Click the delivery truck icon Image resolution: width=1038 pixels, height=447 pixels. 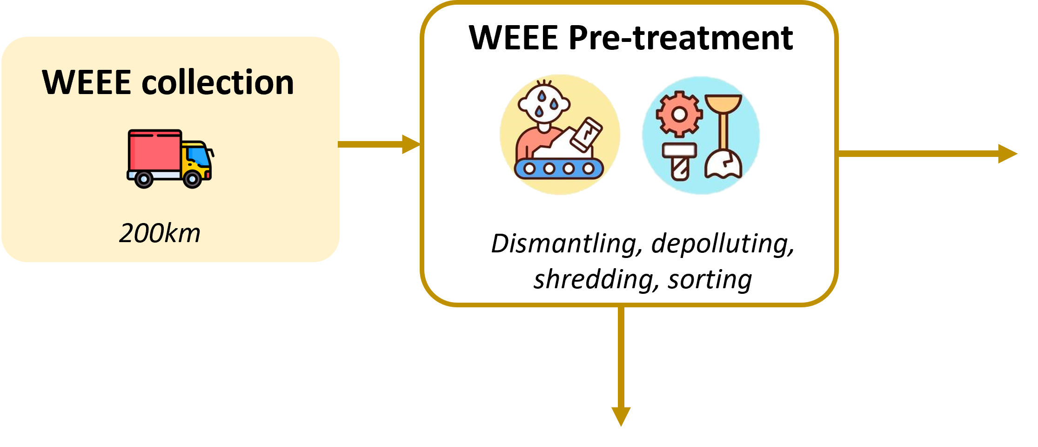click(x=170, y=159)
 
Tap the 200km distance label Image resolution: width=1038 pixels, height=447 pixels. click(x=160, y=233)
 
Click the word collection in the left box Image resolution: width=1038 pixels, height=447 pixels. click(x=217, y=82)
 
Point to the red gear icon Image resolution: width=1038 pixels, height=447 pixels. click(x=679, y=114)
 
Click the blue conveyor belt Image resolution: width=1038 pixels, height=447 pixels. click(x=559, y=169)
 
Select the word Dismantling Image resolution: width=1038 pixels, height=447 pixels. click(x=563, y=244)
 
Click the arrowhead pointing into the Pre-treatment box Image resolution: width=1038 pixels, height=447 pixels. click(x=411, y=144)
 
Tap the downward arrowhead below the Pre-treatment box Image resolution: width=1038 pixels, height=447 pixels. click(x=621, y=416)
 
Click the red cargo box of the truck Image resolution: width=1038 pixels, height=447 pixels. click(x=154, y=150)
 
